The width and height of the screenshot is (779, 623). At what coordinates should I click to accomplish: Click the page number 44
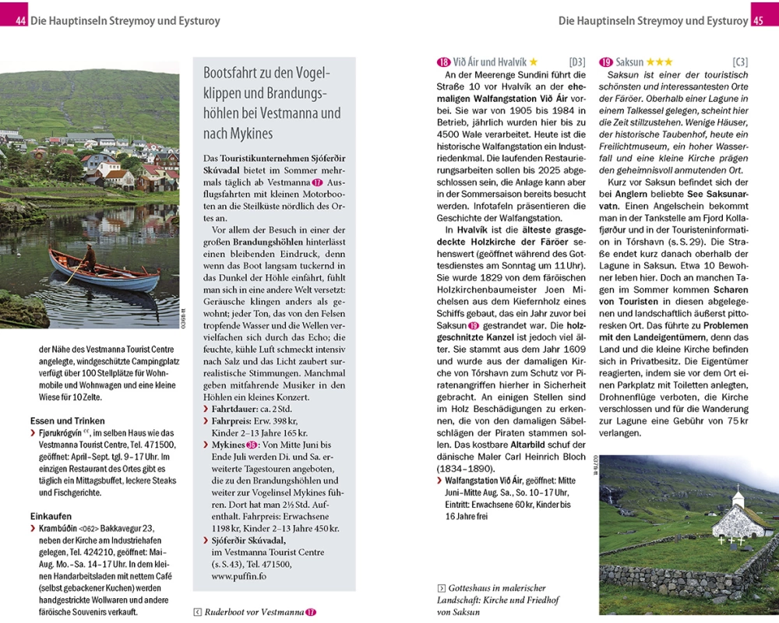click(20, 21)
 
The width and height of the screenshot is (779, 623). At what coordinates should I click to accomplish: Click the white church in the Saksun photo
click(739, 518)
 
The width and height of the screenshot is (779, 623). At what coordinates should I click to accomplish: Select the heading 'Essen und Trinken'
click(68, 421)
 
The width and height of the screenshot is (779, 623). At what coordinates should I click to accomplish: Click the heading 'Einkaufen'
click(51, 516)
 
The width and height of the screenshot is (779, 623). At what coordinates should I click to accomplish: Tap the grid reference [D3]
click(577, 62)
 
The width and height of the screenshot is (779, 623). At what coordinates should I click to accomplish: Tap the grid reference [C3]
click(740, 62)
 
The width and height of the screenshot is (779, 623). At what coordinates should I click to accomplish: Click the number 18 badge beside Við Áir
click(444, 62)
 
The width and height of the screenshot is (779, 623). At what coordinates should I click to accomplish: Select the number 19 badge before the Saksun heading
click(606, 62)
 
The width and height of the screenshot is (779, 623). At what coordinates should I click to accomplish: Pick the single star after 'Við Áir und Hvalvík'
click(534, 62)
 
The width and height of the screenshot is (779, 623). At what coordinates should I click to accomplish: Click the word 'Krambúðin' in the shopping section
click(60, 529)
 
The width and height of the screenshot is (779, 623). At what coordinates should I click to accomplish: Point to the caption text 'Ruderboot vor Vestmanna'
click(254, 612)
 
